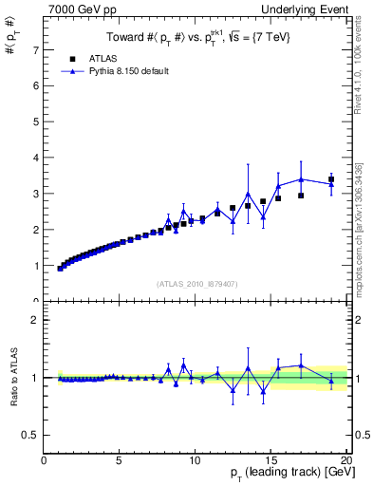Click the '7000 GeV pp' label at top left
(76, 9)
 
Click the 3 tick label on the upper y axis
(36, 194)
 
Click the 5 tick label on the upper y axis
(36, 121)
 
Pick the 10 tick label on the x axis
(195, 461)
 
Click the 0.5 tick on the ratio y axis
(32, 435)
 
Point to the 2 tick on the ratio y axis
(36, 320)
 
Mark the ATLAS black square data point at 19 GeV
(331, 179)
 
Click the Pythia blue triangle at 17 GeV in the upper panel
(301, 179)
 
